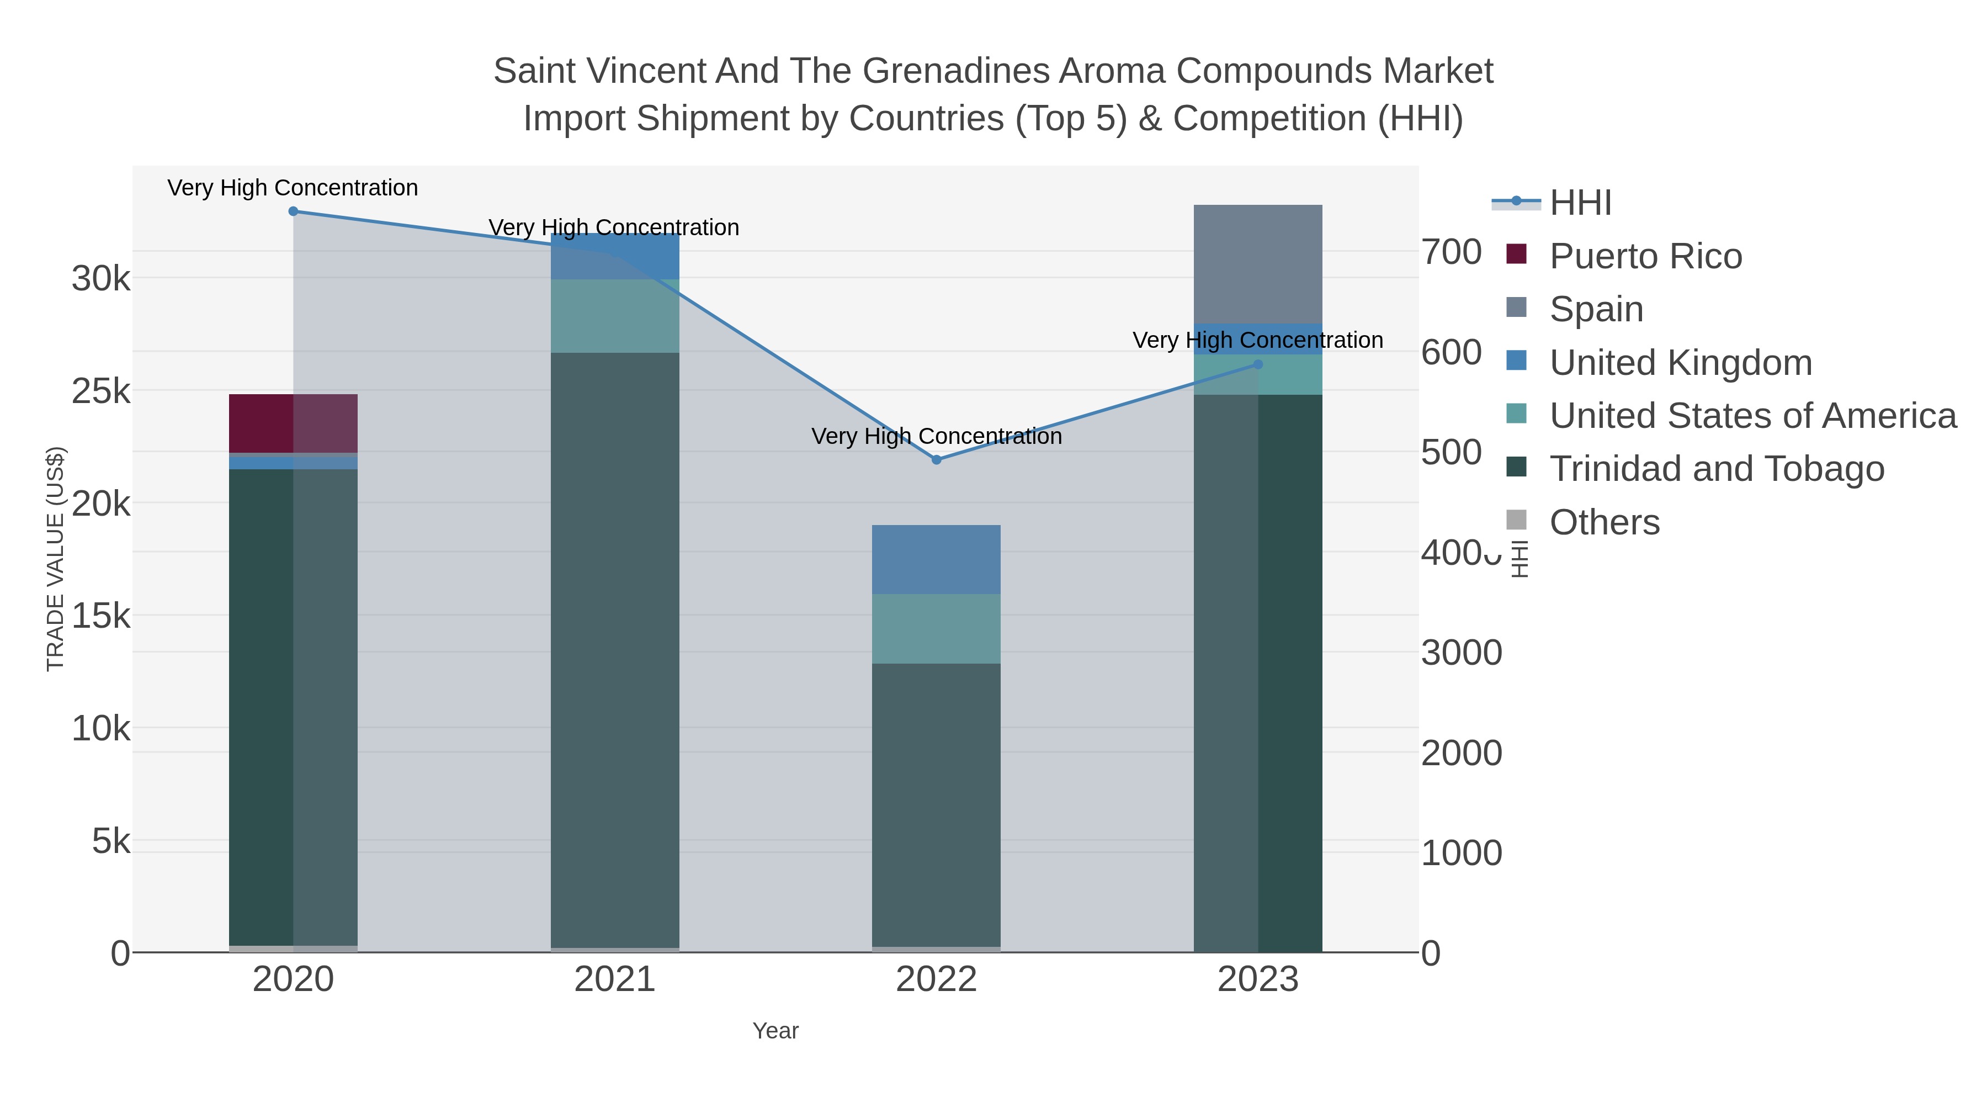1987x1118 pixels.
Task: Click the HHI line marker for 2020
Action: click(293, 211)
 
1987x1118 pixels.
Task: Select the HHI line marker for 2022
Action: click(937, 460)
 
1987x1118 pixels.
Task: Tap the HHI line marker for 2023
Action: click(1258, 364)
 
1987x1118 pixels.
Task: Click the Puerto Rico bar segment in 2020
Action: click(293, 423)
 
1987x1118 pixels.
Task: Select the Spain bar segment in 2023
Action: click(1258, 264)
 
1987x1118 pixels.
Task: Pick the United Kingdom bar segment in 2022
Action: click(937, 559)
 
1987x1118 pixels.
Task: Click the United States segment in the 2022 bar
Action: click(937, 629)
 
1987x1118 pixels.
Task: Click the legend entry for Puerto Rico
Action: click(1645, 256)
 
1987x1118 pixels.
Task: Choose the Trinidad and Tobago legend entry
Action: click(1716, 469)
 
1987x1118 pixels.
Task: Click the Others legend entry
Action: click(1605, 522)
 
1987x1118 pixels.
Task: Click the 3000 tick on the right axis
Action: click(1461, 653)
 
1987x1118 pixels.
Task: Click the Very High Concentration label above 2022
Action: click(937, 437)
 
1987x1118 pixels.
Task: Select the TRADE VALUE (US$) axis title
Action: click(56, 559)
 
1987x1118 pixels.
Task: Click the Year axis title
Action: click(775, 1031)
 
